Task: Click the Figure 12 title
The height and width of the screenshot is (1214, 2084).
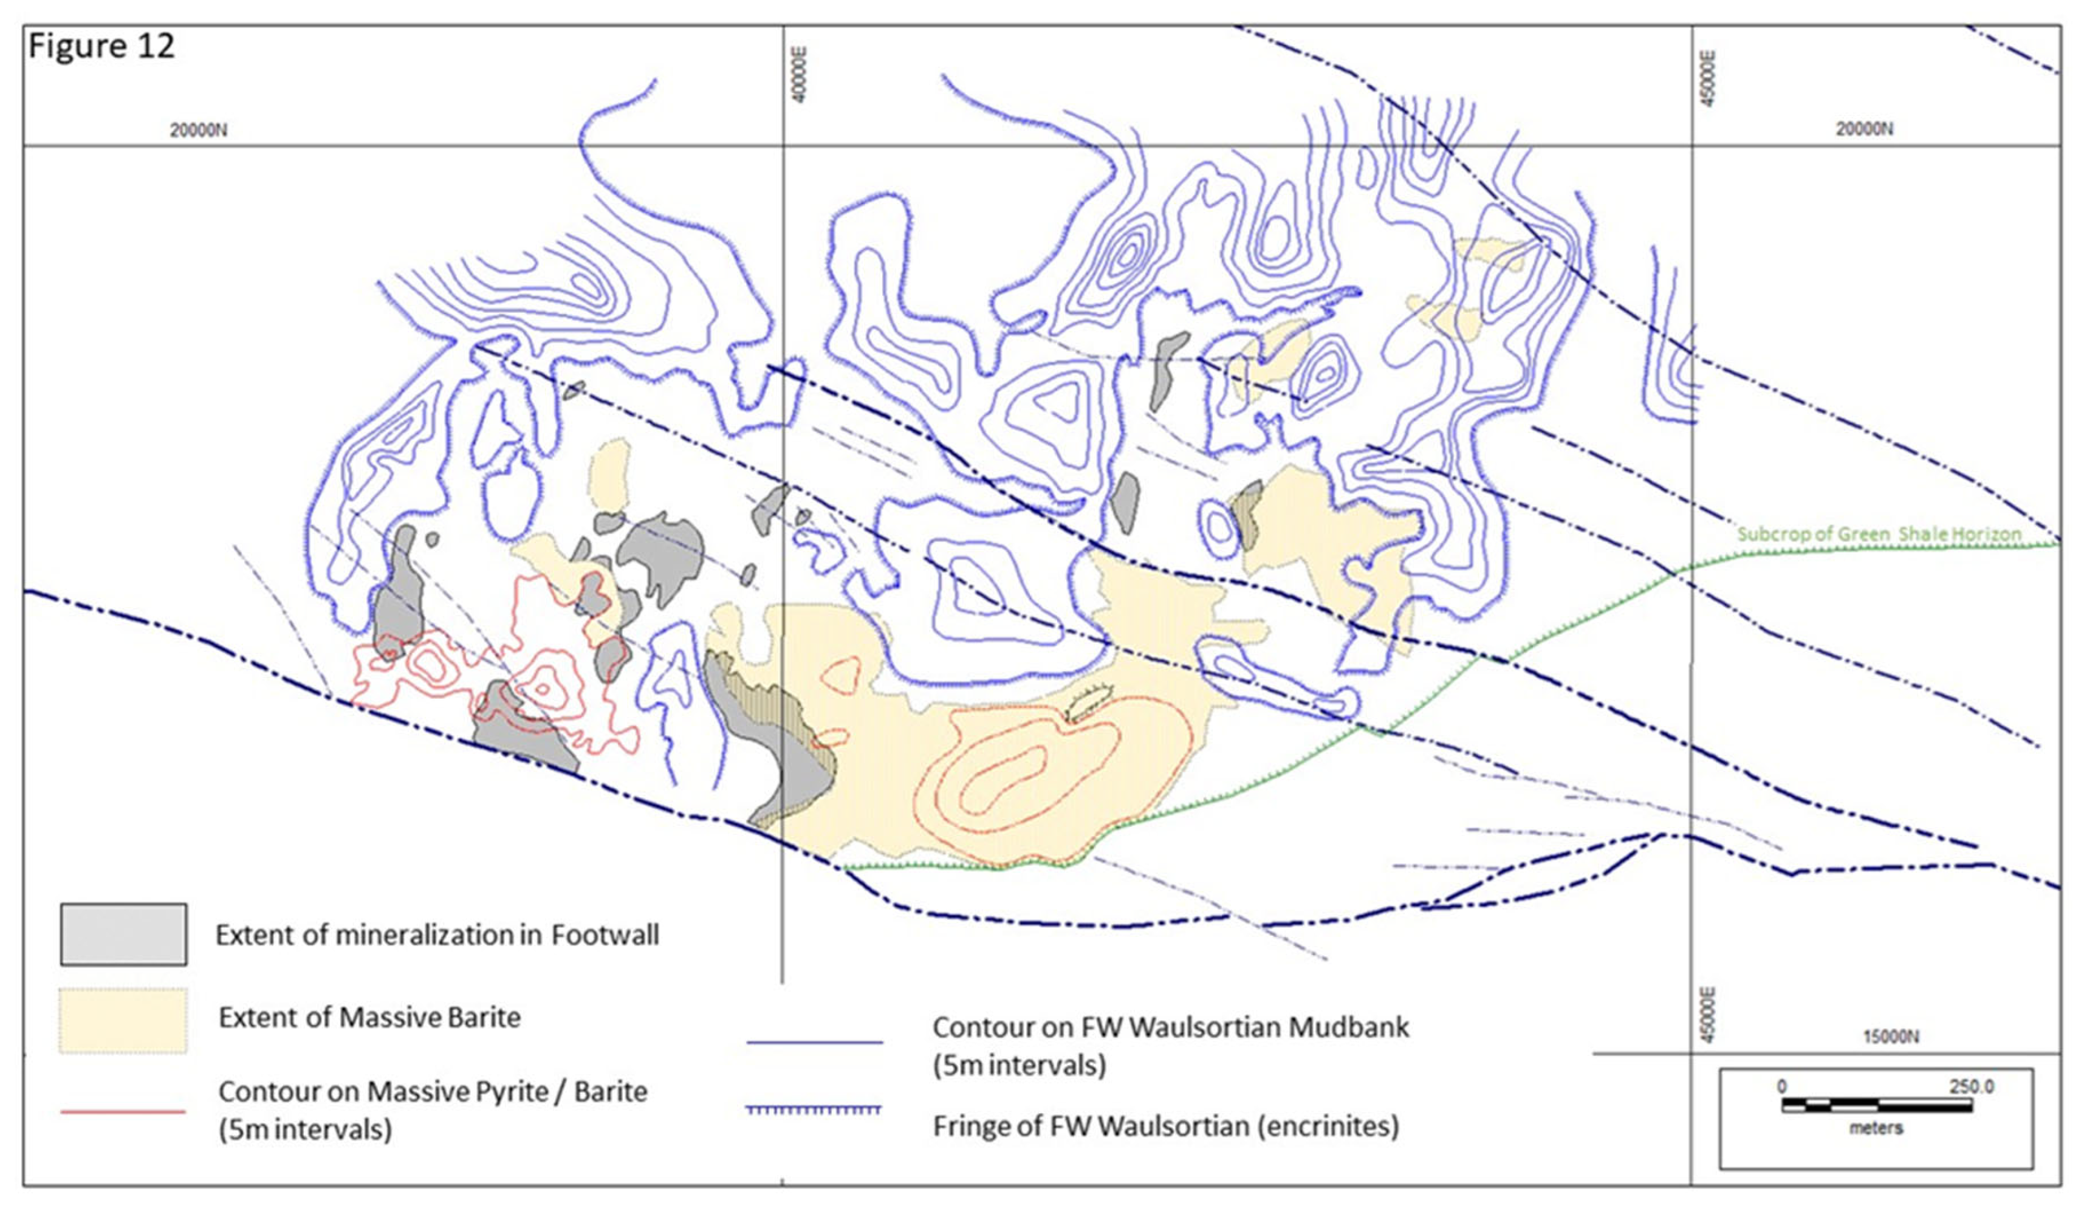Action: [101, 46]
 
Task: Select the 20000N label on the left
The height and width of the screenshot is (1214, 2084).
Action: [199, 130]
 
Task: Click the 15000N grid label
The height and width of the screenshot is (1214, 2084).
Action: [1891, 1037]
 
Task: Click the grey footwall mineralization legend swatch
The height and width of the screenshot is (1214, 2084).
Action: [123, 935]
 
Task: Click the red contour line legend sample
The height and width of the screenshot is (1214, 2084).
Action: [123, 1111]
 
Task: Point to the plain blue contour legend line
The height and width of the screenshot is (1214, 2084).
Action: [815, 1042]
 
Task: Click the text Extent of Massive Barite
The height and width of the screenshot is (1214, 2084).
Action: [369, 1017]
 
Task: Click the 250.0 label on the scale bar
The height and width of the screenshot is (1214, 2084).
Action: [1972, 1086]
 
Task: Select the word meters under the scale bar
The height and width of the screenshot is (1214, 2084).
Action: [1876, 1128]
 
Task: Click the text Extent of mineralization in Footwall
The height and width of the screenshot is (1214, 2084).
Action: [437, 935]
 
